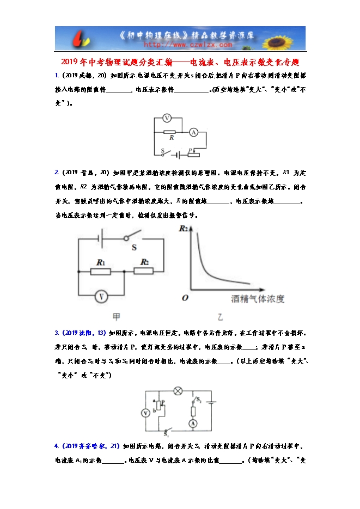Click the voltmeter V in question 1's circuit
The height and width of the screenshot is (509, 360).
pos(168,118)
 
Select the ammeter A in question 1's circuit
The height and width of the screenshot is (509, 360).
pos(193,132)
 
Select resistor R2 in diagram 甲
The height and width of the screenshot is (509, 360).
pos(144,271)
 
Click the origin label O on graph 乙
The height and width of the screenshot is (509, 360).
pos(185,298)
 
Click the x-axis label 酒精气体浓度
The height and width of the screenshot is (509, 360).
pos(258,299)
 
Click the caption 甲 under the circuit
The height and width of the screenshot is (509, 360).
pos(116,316)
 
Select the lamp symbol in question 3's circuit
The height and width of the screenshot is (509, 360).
pos(177,390)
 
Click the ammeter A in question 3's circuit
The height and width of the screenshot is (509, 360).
pos(193,423)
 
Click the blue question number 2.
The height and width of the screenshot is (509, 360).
pos(57,173)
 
